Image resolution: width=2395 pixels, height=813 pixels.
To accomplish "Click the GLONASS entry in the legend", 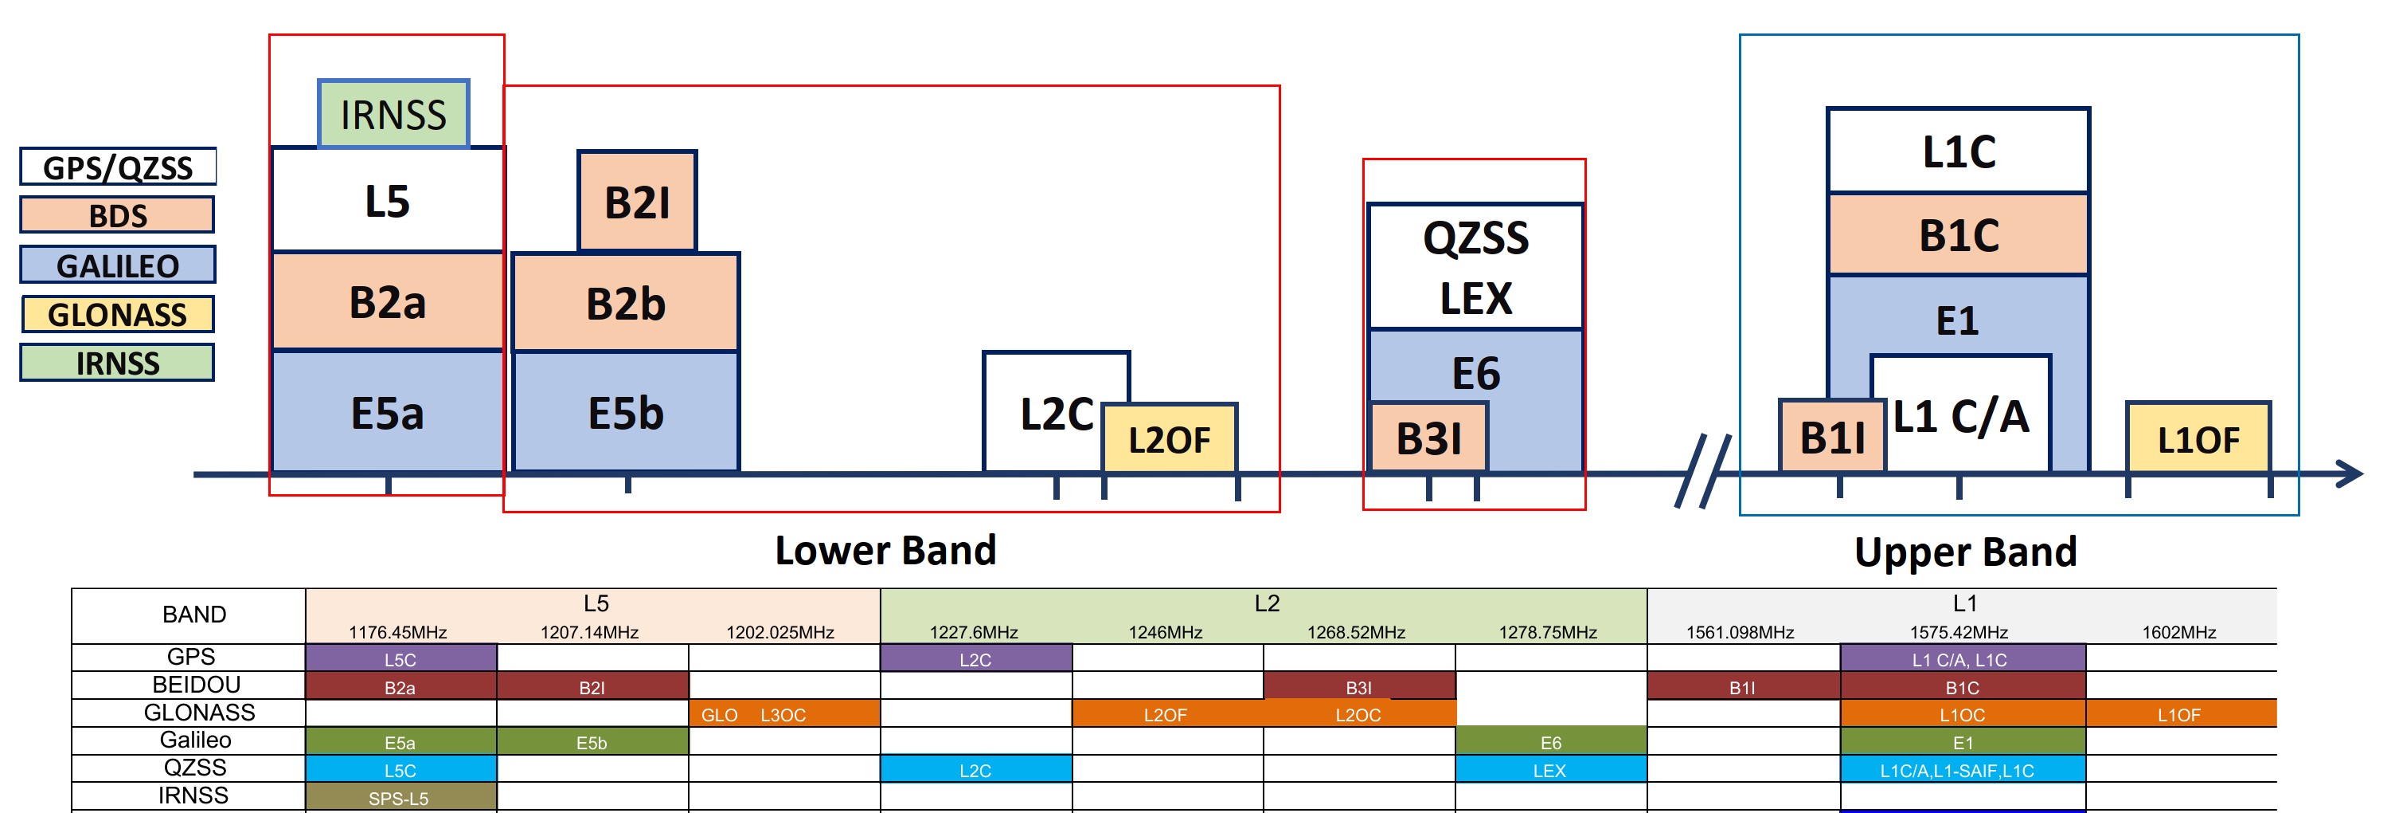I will (x=117, y=314).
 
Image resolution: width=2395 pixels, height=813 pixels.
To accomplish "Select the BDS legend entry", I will (x=117, y=215).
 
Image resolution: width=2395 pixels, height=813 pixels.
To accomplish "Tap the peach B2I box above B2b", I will (x=637, y=202).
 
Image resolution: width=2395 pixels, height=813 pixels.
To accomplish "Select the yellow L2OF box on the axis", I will (x=1170, y=439).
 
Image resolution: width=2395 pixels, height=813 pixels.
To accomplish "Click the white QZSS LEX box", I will (x=1475, y=267).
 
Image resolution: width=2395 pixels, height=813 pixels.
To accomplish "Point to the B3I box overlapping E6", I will (x=1429, y=438).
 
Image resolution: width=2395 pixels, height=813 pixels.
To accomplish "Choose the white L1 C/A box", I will (x=1961, y=416).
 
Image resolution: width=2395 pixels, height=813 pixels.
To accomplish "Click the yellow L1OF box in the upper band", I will (x=2198, y=439).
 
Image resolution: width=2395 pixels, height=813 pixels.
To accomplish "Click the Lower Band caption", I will (x=885, y=550).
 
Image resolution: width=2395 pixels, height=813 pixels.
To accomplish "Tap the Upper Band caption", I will (x=1966, y=552).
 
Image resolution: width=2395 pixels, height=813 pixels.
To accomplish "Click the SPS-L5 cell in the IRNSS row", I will (x=399, y=798).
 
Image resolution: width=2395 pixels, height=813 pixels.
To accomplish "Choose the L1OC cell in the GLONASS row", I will (x=1962, y=714).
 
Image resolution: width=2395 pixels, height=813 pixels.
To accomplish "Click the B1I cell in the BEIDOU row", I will (x=1742, y=687).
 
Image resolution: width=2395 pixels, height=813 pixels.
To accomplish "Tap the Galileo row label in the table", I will (x=195, y=740).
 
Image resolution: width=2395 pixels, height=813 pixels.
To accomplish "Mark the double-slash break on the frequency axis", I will (x=1703, y=471).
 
